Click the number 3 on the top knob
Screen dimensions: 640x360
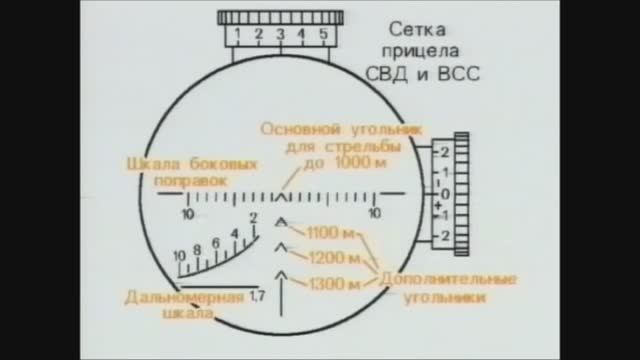pos(280,35)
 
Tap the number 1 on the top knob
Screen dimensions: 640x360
pos(237,35)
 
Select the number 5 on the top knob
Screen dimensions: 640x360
pos(323,35)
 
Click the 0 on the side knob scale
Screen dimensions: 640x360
pos(446,193)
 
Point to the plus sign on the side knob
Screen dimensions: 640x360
pos(438,205)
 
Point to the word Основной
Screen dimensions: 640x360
pos(298,129)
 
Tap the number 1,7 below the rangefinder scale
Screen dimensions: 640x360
pos(258,297)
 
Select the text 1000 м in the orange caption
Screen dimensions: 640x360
pos(366,163)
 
